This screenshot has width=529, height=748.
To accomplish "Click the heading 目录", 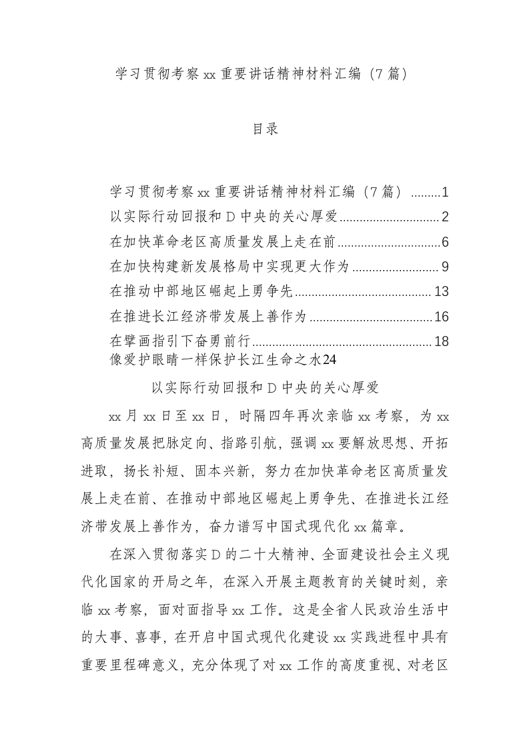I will [265, 129].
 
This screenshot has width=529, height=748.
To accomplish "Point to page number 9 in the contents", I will [444, 267].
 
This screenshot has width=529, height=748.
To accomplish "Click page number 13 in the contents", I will [440, 291].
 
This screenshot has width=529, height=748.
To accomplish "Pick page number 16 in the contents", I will [440, 317].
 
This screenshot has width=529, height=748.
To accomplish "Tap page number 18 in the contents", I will [440, 341].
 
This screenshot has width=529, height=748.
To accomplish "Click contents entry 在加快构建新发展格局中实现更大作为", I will [229, 267].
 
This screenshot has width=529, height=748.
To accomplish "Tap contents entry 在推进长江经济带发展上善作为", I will [207, 317].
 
